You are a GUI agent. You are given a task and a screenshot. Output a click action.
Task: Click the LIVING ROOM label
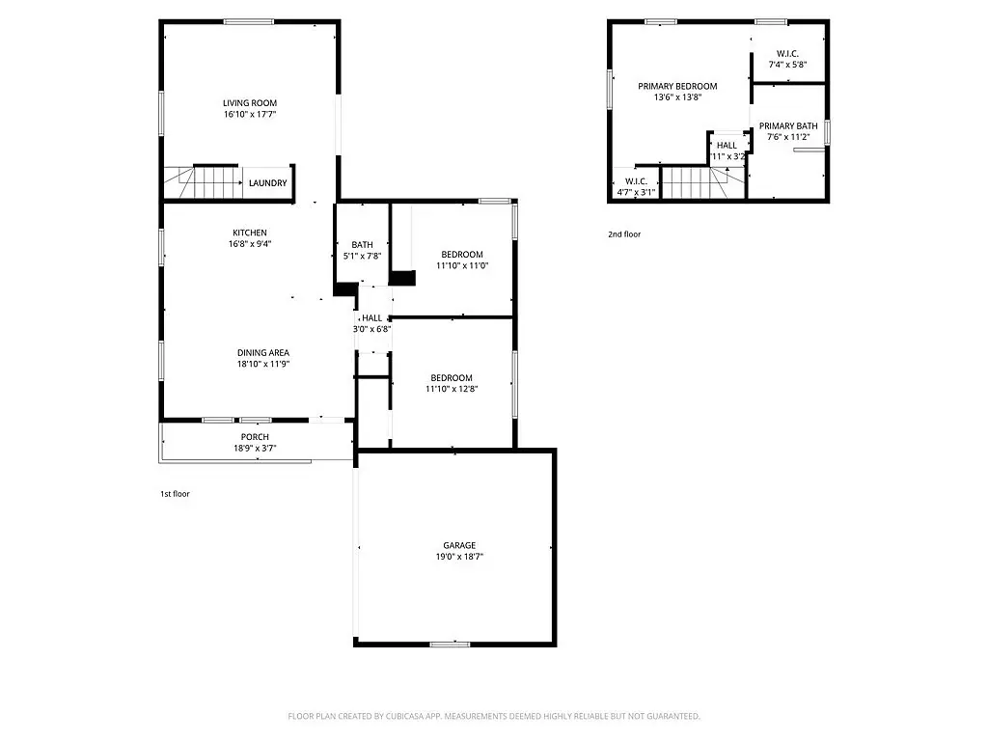pyautogui.click(x=250, y=103)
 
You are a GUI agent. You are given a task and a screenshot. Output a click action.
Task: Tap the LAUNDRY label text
pyautogui.click(x=268, y=183)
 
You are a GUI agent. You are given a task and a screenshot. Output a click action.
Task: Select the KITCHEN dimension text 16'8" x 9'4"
pyautogui.click(x=250, y=244)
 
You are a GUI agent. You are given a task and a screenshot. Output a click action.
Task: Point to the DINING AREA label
pyautogui.click(x=263, y=353)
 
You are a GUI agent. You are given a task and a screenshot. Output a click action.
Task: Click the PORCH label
pyautogui.click(x=255, y=437)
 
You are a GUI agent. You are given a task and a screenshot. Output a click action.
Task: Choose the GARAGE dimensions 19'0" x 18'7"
pyautogui.click(x=459, y=557)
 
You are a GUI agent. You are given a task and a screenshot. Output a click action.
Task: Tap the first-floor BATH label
pyautogui.click(x=363, y=245)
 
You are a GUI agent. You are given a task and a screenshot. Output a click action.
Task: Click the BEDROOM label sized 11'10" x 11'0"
pyautogui.click(x=462, y=255)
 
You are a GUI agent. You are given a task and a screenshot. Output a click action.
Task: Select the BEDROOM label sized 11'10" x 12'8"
pyautogui.click(x=452, y=378)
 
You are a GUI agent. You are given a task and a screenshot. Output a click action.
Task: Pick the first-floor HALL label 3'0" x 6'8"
pyautogui.click(x=371, y=318)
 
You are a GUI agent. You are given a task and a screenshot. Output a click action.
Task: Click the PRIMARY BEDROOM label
pyautogui.click(x=677, y=86)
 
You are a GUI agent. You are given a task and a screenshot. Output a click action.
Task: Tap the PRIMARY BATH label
pyautogui.click(x=788, y=126)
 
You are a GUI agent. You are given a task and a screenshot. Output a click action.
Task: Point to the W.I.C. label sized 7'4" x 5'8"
pyautogui.click(x=787, y=54)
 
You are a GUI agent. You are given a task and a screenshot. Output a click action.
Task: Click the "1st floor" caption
pyautogui.click(x=175, y=494)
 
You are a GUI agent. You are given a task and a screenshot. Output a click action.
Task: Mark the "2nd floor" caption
pyautogui.click(x=624, y=234)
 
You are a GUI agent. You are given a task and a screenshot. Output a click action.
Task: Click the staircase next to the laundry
pyautogui.click(x=204, y=182)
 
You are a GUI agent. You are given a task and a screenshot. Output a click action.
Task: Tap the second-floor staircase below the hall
pyautogui.click(x=703, y=182)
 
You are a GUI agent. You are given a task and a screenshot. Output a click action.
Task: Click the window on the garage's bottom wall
pyautogui.click(x=450, y=644)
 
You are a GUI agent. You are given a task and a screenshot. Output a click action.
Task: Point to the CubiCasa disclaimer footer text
pyautogui.click(x=494, y=717)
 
